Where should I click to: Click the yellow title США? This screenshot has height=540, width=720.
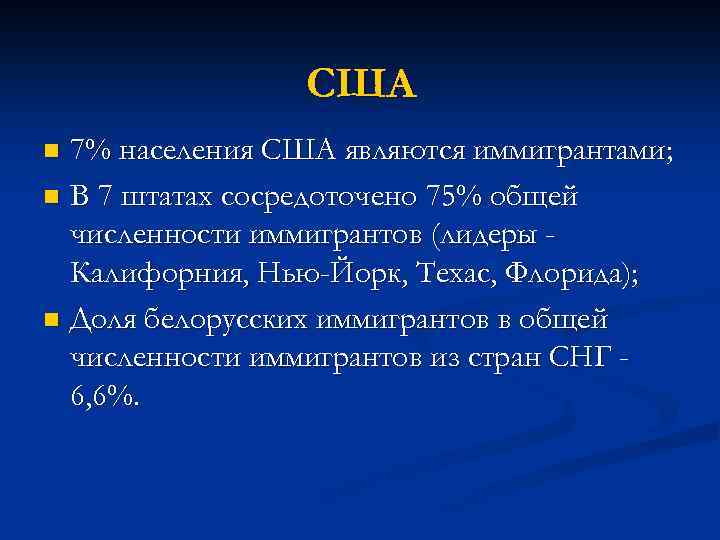click(360, 84)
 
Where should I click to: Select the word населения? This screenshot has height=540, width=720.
click(185, 152)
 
